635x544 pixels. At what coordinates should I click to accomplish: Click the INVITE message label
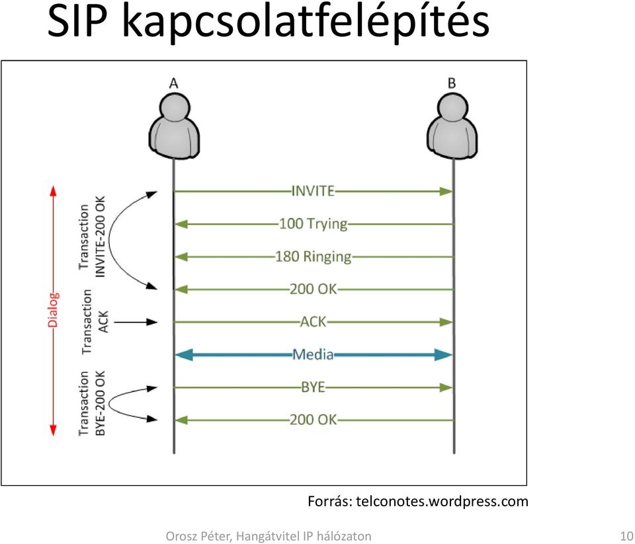pos(313,190)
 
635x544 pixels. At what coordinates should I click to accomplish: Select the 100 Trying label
pos(314,224)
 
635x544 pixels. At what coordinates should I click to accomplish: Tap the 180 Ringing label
pos(314,256)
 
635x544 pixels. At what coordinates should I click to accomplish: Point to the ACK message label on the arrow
pos(313,322)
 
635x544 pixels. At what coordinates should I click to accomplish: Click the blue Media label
pos(313,354)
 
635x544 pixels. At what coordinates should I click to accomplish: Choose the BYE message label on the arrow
pos(313,387)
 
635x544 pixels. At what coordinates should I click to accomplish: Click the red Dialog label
pos(53,310)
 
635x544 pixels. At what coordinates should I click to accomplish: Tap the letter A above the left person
pos(173,83)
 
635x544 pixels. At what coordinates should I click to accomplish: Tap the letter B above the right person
pos(452,83)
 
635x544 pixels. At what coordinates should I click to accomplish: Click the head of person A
pos(175,107)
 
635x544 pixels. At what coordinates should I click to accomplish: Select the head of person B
pos(452,107)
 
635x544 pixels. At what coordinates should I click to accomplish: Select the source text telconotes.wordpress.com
pos(443,501)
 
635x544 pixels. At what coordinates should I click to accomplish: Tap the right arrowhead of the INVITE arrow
pos(446,191)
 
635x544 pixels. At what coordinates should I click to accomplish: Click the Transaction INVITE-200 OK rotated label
pos(92,237)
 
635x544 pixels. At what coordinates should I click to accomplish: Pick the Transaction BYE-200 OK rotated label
pos(92,404)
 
